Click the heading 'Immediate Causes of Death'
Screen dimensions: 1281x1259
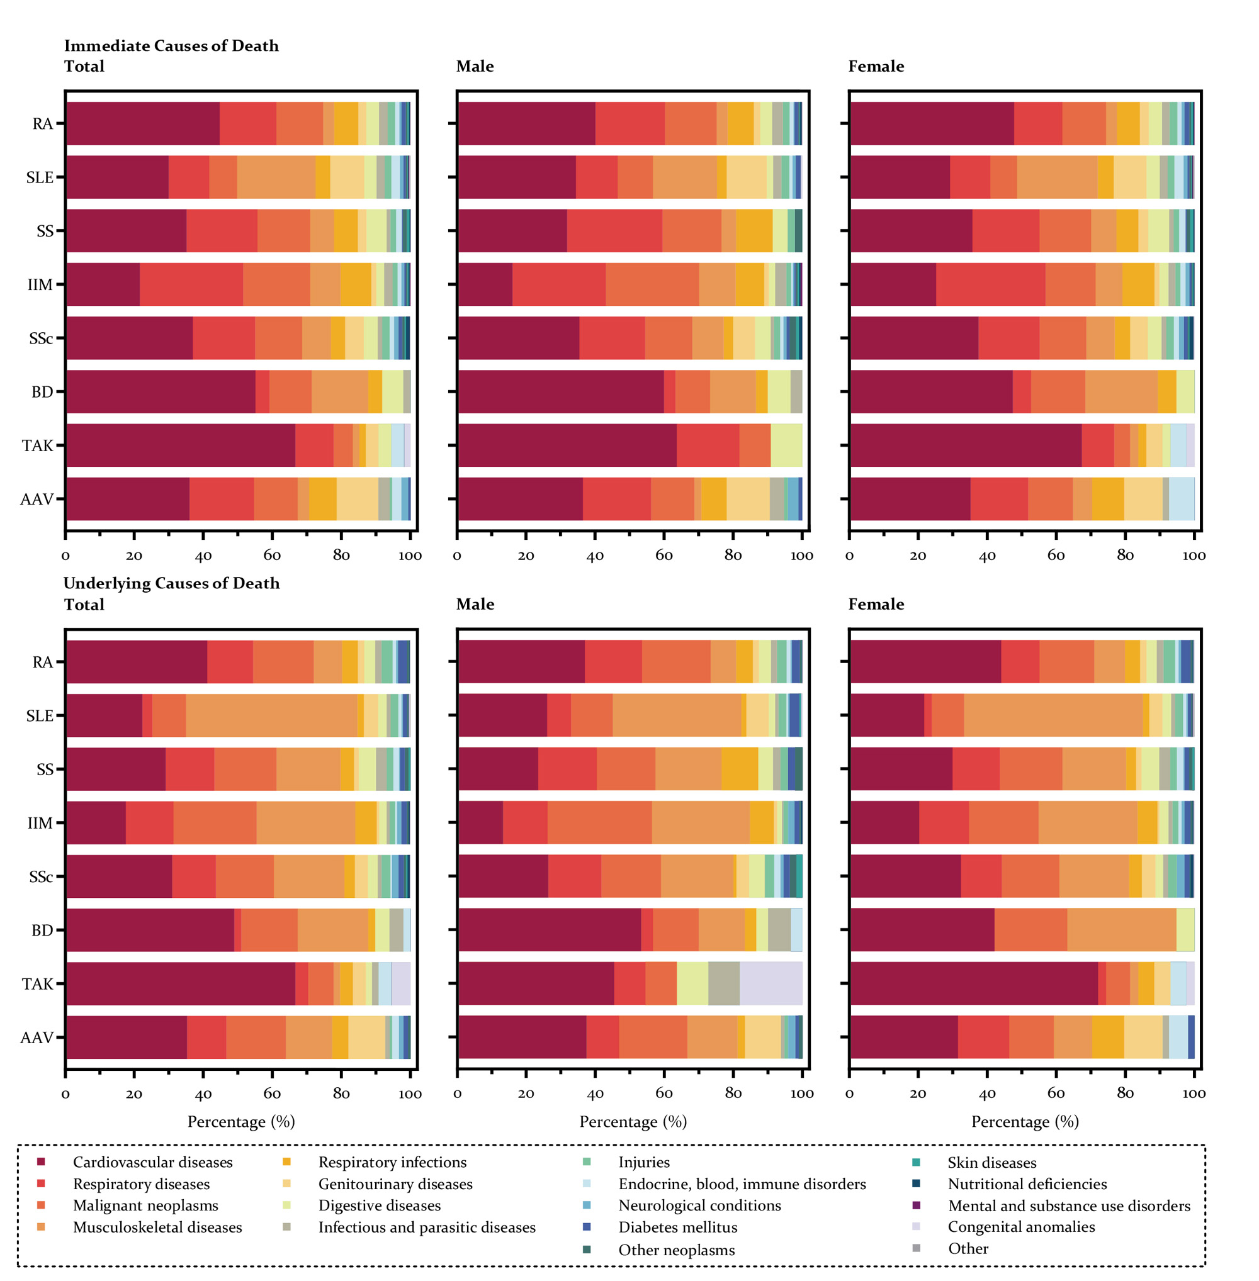pyautogui.click(x=171, y=45)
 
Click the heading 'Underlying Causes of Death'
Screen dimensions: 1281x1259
pyautogui.click(x=171, y=583)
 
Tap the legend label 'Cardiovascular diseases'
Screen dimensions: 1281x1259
pyautogui.click(x=152, y=1161)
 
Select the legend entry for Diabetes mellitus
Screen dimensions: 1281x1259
pyautogui.click(x=677, y=1227)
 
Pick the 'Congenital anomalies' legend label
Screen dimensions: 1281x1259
pyautogui.click(x=1021, y=1226)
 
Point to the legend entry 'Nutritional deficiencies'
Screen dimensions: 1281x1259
pyautogui.click(x=1027, y=1183)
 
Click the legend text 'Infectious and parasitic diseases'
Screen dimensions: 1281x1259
pyautogui.click(x=427, y=1227)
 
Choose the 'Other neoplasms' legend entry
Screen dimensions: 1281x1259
pyautogui.click(x=676, y=1250)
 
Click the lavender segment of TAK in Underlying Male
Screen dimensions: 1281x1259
pyautogui.click(x=771, y=983)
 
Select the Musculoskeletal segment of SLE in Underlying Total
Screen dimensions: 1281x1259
pyautogui.click(x=271, y=715)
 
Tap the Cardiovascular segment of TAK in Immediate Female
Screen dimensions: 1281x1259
pyautogui.click(x=966, y=445)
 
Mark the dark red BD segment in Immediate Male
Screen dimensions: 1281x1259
pyautogui.click(x=561, y=391)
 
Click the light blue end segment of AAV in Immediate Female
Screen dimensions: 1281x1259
pyautogui.click(x=1181, y=498)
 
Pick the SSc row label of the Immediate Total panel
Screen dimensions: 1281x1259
pyautogui.click(x=41, y=338)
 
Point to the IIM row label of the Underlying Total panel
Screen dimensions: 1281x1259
pyautogui.click(x=40, y=823)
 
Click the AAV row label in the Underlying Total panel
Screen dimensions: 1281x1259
pyautogui.click(x=37, y=1037)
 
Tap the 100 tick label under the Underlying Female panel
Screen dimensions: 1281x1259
pyautogui.click(x=1194, y=1094)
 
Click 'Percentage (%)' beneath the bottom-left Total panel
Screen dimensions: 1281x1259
pyautogui.click(x=240, y=1122)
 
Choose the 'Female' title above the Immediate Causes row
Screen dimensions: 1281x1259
pyautogui.click(x=876, y=66)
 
